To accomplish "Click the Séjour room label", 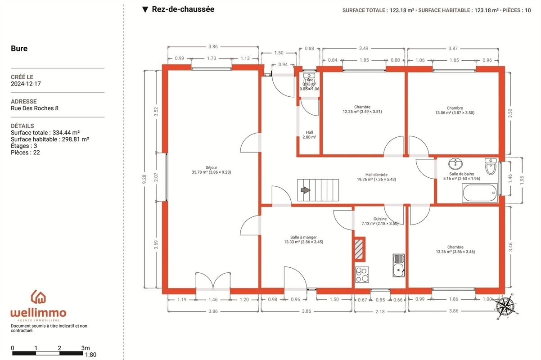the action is [212, 167].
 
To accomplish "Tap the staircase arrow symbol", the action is [306, 190].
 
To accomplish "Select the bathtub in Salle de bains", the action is [480, 193].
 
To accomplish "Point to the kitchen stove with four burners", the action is [362, 274].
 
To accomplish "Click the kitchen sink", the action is [398, 265].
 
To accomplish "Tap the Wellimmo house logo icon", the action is [38, 297].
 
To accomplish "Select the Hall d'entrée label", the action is [376, 175].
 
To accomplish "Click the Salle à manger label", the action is [303, 237].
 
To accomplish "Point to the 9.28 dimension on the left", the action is [144, 179].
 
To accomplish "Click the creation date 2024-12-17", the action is [26, 84].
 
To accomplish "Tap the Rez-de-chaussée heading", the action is [183, 9].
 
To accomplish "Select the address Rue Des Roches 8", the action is [35, 108].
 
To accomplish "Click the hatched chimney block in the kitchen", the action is [359, 249].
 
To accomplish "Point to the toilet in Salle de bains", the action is [491, 166].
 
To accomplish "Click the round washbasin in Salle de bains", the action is [455, 164].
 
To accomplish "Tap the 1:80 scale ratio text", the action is [90, 355].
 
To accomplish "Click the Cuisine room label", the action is [380, 219].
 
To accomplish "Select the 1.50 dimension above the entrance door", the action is [279, 53].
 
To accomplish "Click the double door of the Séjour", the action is [213, 281].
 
